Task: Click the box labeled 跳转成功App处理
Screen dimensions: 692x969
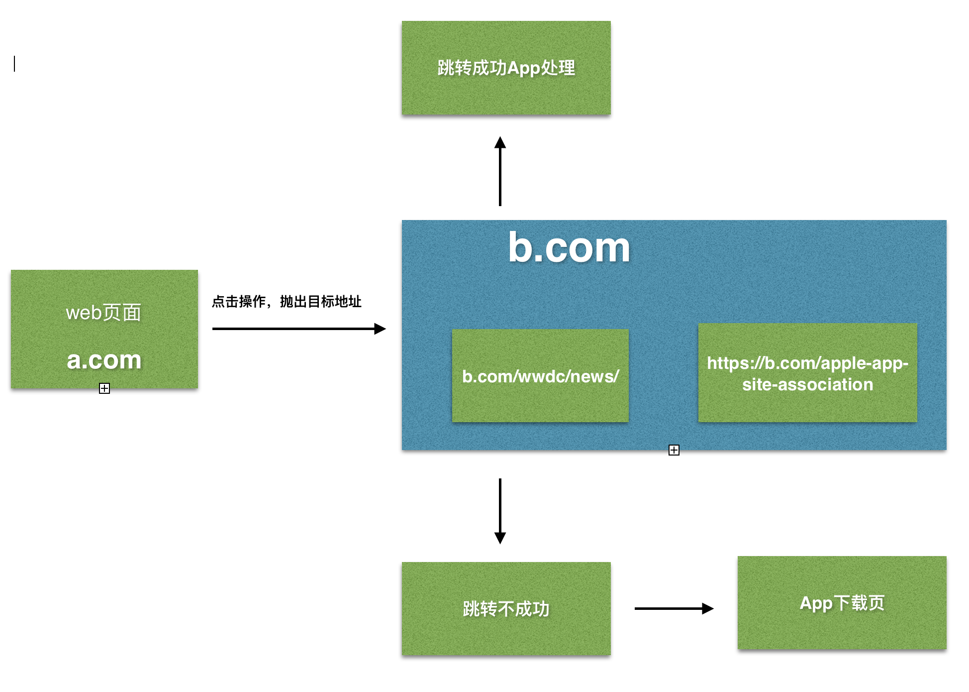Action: pyautogui.click(x=506, y=68)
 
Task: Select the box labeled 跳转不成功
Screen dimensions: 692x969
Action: pyautogui.click(x=506, y=608)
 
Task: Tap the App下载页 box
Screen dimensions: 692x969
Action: pyautogui.click(x=842, y=603)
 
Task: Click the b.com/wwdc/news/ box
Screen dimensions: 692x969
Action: pyautogui.click(x=540, y=376)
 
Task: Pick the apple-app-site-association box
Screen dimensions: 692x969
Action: pyautogui.click(x=807, y=373)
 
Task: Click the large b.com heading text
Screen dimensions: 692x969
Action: pyautogui.click(x=569, y=247)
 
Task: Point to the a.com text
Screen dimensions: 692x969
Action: pyautogui.click(x=104, y=360)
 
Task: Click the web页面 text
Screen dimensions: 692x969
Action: pyautogui.click(x=103, y=313)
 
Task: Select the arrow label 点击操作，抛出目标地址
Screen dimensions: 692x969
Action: pyautogui.click(x=287, y=302)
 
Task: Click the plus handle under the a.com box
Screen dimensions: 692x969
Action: pyautogui.click(x=104, y=388)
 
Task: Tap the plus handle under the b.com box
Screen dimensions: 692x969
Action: pyautogui.click(x=674, y=450)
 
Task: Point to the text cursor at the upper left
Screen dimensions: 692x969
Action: pyautogui.click(x=14, y=64)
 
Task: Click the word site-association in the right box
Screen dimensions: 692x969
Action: pyautogui.click(x=807, y=384)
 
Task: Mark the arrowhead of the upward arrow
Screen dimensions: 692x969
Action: pyautogui.click(x=500, y=142)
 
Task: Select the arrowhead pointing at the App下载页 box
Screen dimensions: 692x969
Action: pyautogui.click(x=707, y=608)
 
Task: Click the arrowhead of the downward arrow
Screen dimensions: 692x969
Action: pyautogui.click(x=500, y=538)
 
